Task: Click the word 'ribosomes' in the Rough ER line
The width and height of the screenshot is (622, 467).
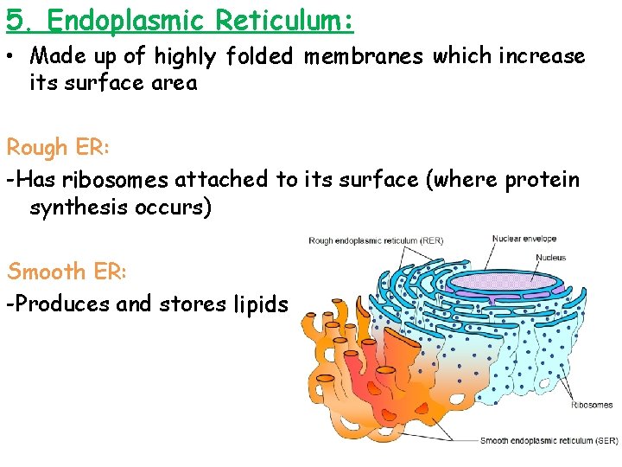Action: (x=117, y=180)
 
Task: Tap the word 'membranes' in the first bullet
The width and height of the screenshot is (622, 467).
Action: (x=364, y=57)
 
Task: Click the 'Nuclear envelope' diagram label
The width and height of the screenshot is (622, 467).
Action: (x=524, y=240)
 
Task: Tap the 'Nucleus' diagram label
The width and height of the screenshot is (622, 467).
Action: (x=550, y=257)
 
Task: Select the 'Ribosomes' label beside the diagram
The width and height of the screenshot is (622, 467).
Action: (x=592, y=405)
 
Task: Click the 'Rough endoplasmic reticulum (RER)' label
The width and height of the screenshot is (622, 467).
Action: (x=376, y=240)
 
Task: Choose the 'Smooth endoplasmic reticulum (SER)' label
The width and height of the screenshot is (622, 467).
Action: (x=549, y=441)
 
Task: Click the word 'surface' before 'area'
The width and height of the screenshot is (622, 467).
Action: (x=103, y=84)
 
